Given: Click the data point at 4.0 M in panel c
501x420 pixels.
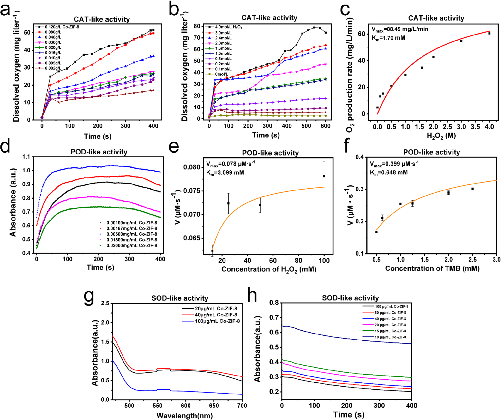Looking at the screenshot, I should tap(489, 33).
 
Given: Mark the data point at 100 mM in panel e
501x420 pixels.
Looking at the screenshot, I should tap(324, 176).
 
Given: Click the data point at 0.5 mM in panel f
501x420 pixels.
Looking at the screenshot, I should tap(376, 232).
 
